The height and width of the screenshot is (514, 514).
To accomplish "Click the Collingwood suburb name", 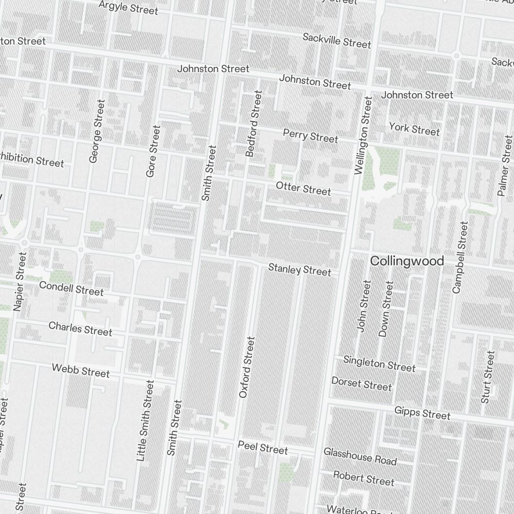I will (x=407, y=261).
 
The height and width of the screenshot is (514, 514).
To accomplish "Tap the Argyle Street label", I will (x=128, y=7).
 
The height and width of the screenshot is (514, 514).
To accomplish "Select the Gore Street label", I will (x=153, y=151).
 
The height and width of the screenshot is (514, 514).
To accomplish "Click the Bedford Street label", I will (x=254, y=123).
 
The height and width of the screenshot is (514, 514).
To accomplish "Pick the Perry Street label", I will (x=310, y=136).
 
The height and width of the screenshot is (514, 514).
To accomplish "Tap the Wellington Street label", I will (x=363, y=135).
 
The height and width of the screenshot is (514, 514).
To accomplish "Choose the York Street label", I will (x=414, y=128).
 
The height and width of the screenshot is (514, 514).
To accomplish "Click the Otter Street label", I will (x=303, y=189).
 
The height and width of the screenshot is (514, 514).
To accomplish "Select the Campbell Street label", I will (x=461, y=257).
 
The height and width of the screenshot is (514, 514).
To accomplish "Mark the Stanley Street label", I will (x=300, y=269).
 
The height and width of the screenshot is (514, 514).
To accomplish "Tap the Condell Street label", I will (x=71, y=288).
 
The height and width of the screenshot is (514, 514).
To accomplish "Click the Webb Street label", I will (x=81, y=370).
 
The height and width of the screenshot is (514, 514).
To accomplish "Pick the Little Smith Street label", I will (x=145, y=420).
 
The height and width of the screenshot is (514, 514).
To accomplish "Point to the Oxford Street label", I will (x=247, y=367).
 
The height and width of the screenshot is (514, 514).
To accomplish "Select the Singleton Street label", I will (x=379, y=363).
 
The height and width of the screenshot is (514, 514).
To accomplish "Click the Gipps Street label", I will (x=423, y=413).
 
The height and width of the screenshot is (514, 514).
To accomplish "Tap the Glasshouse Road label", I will (x=360, y=456).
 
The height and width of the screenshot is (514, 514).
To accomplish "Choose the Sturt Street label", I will (x=488, y=377).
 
